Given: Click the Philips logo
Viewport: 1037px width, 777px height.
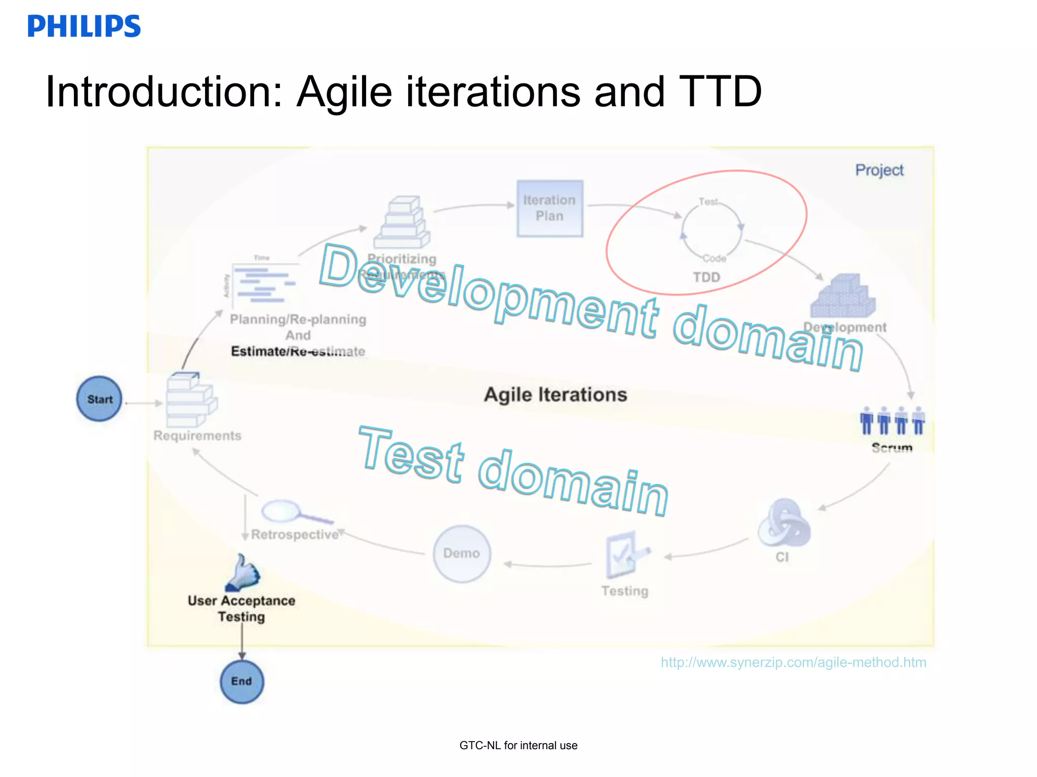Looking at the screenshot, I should (x=84, y=26).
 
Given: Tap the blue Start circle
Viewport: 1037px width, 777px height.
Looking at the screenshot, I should (x=99, y=399).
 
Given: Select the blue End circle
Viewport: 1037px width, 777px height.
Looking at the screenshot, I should (x=242, y=681).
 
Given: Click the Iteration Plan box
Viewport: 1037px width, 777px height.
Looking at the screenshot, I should (x=550, y=208).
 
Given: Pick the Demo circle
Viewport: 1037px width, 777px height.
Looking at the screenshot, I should (x=462, y=553).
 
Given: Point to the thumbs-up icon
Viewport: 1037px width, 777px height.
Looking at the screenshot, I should (x=243, y=573).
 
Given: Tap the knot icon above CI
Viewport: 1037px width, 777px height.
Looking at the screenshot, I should (x=783, y=524).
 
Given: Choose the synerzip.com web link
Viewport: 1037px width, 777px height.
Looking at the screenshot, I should (x=793, y=662).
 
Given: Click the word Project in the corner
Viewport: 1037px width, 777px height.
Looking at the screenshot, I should (x=880, y=170).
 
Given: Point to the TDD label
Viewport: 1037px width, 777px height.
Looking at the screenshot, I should (x=706, y=277).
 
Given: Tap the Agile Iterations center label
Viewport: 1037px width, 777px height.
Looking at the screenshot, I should (x=555, y=395).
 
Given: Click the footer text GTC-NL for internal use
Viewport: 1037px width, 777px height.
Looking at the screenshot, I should (x=518, y=745).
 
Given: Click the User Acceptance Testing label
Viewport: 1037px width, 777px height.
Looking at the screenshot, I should (x=242, y=609).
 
